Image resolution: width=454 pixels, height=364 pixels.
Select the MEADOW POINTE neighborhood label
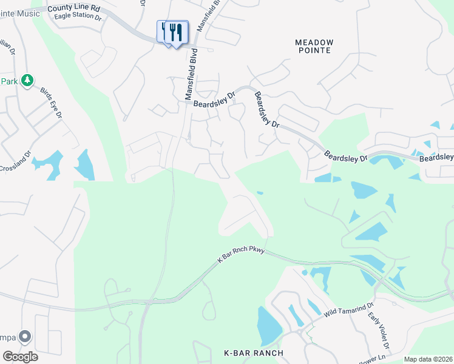[x=314, y=46]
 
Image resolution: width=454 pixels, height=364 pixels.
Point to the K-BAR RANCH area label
[x=254, y=353]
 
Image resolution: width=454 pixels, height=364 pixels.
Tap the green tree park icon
[x=27, y=81]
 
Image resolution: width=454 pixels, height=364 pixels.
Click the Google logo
[x=20, y=356]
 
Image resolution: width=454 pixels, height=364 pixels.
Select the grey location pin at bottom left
[x=25, y=336]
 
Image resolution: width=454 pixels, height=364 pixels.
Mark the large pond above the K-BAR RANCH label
[x=269, y=325]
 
